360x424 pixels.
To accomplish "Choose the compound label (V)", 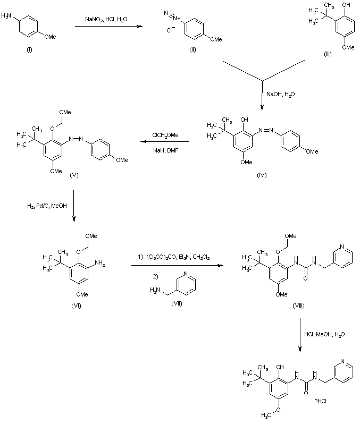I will click(x=74, y=174).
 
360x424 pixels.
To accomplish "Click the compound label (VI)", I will click(x=75, y=304).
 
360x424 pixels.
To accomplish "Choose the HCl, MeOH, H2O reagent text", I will click(x=322, y=334).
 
